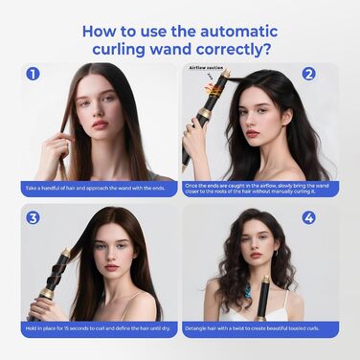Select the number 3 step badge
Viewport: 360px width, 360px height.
pyautogui.click(x=34, y=217)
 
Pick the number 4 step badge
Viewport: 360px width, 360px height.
pyautogui.click(x=308, y=217)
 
